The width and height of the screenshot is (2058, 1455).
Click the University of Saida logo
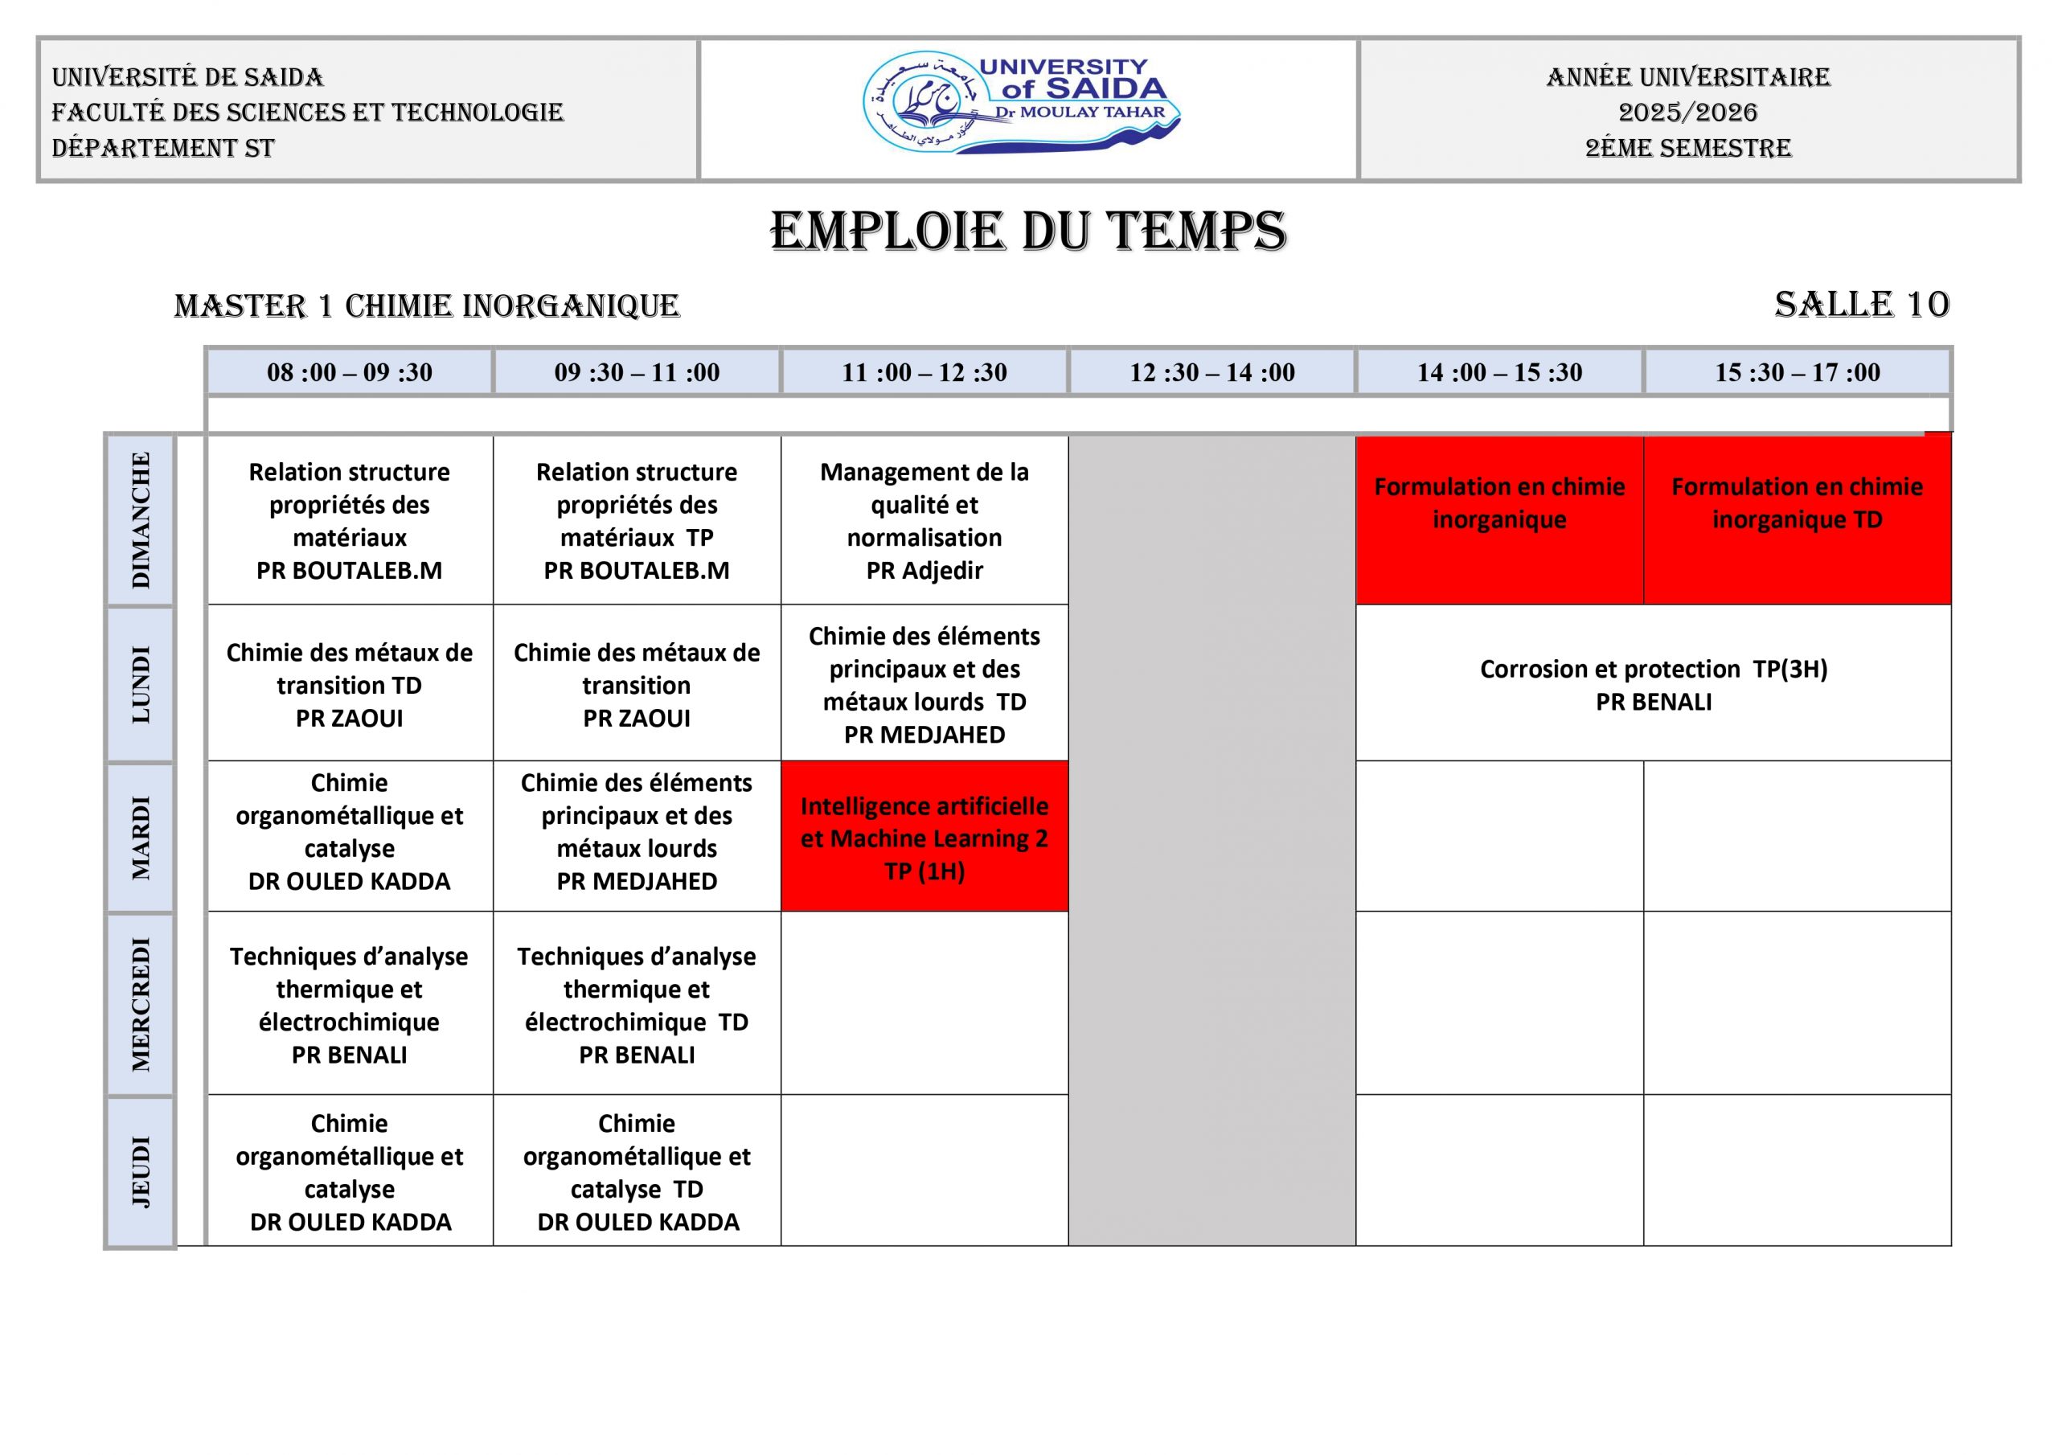1022,103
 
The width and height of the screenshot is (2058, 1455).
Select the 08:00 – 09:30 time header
350,372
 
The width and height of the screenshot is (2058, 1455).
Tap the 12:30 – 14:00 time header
1211,372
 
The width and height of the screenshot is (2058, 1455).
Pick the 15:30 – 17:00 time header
1798,372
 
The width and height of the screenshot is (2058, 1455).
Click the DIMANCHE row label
141,520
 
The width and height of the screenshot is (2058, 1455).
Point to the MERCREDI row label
141,1004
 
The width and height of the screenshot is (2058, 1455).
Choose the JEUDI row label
141,1170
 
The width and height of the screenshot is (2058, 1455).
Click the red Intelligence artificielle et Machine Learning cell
924,838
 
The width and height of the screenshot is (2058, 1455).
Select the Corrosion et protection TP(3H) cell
1653,684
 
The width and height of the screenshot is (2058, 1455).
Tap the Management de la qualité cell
924,520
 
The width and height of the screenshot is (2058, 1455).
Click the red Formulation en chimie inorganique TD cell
1798,520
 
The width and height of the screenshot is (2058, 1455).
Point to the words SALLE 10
1861,305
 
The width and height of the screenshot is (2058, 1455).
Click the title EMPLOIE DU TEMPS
1028,232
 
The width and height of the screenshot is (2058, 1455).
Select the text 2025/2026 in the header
1688,112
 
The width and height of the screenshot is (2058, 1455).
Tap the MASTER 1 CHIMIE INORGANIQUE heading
427,305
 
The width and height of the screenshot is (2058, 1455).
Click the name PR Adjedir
924,570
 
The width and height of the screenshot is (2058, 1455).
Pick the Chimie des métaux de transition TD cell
350,684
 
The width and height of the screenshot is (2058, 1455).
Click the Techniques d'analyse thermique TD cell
637,1004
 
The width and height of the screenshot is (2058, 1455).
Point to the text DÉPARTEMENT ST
163,148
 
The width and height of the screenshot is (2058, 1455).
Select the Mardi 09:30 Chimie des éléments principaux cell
637,832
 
